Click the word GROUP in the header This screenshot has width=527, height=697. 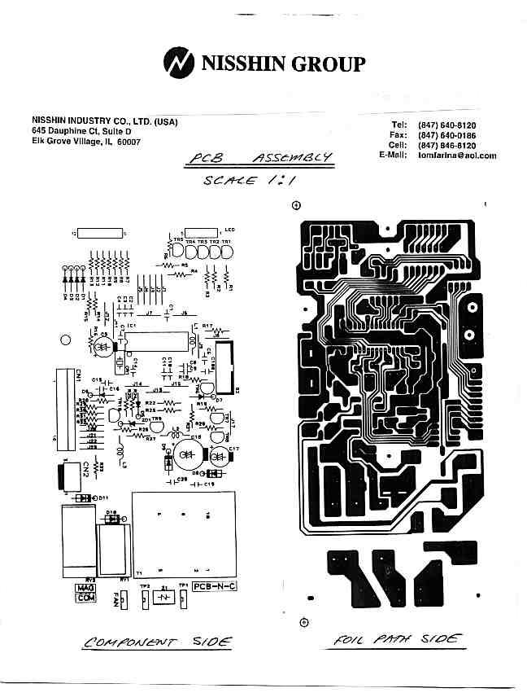(329, 64)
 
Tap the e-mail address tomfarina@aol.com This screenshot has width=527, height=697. (456, 156)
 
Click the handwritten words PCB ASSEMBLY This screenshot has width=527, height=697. (259, 158)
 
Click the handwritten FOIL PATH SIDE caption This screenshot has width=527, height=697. (398, 640)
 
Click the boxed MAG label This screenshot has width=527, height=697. (85, 588)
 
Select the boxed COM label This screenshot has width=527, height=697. (85, 598)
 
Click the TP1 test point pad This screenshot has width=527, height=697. (184, 598)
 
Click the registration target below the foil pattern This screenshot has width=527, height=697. (303, 623)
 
